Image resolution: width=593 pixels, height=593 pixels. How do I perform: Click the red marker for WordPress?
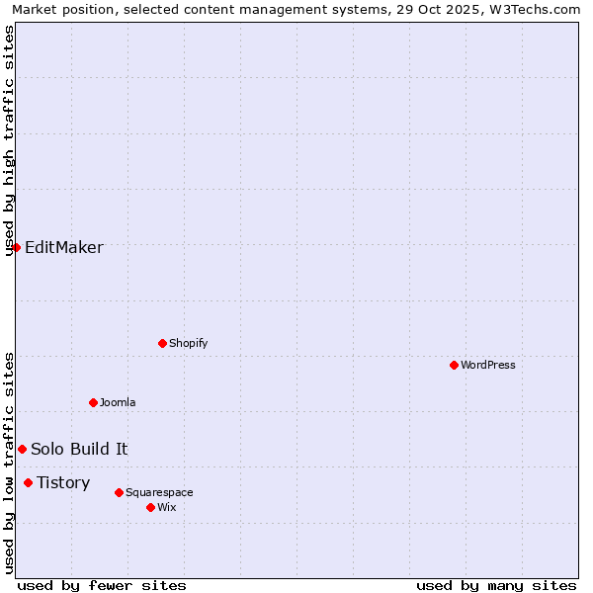click(454, 365)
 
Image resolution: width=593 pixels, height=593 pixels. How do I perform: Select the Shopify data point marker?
click(162, 343)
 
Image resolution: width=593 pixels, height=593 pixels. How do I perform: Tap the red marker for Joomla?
click(93, 402)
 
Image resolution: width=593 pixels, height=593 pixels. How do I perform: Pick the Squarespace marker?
click(119, 492)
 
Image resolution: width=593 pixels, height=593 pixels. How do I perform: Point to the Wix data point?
click(150, 507)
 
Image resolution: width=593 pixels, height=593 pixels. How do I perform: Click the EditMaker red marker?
click(16, 247)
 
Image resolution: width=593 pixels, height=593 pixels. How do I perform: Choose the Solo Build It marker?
click(22, 449)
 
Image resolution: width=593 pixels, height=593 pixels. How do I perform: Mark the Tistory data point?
click(28, 482)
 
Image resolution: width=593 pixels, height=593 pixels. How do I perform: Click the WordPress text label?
click(488, 365)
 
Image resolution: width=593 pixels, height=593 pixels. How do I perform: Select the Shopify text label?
click(189, 343)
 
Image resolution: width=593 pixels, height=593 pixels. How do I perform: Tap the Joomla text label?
click(118, 402)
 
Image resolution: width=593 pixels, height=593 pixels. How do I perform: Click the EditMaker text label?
click(64, 247)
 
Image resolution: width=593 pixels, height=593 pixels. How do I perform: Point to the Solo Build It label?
click(79, 449)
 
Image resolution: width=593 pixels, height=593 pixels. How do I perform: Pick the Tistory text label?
click(63, 482)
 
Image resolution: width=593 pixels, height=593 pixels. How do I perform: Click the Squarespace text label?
click(159, 492)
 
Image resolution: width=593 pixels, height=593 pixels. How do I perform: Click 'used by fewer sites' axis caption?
click(102, 585)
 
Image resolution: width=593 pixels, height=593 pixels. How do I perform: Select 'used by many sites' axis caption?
click(496, 585)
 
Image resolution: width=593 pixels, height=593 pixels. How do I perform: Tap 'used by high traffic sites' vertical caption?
click(10, 140)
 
